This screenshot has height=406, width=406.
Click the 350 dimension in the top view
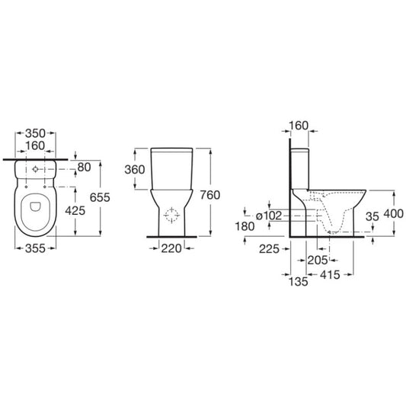pos(35,133)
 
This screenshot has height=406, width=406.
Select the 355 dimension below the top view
pos(35,248)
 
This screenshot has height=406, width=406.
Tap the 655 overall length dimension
pos(100,197)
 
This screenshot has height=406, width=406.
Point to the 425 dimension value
pos(75,211)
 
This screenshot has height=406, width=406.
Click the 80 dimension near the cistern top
pos(84,168)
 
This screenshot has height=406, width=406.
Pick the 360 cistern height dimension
pos(135,170)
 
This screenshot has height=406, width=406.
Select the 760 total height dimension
pos(210,195)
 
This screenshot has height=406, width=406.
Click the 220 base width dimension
pos(171,248)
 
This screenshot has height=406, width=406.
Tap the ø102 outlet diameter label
pos(269,216)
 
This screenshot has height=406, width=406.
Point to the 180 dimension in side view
pos(245,226)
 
